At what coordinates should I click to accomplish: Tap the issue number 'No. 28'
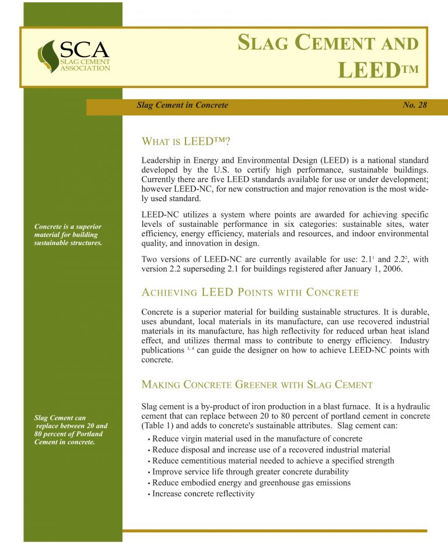[415, 106]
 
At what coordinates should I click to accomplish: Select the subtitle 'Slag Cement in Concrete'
[182, 106]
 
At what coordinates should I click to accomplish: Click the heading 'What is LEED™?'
[186, 142]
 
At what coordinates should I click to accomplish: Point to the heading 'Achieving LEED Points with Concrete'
[250, 292]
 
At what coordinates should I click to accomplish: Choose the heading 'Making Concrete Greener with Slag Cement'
[257, 385]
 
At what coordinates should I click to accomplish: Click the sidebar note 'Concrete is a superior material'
[68, 234]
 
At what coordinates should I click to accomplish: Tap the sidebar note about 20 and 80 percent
[71, 429]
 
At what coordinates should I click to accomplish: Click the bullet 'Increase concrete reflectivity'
[204, 494]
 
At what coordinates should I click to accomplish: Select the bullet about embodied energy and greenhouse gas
[251, 483]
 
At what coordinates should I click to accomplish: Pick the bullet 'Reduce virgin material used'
[257, 438]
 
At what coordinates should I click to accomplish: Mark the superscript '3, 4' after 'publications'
[191, 348]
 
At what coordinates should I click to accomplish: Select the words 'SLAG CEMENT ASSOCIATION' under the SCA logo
[85, 65]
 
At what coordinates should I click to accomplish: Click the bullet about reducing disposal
[271, 450]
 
